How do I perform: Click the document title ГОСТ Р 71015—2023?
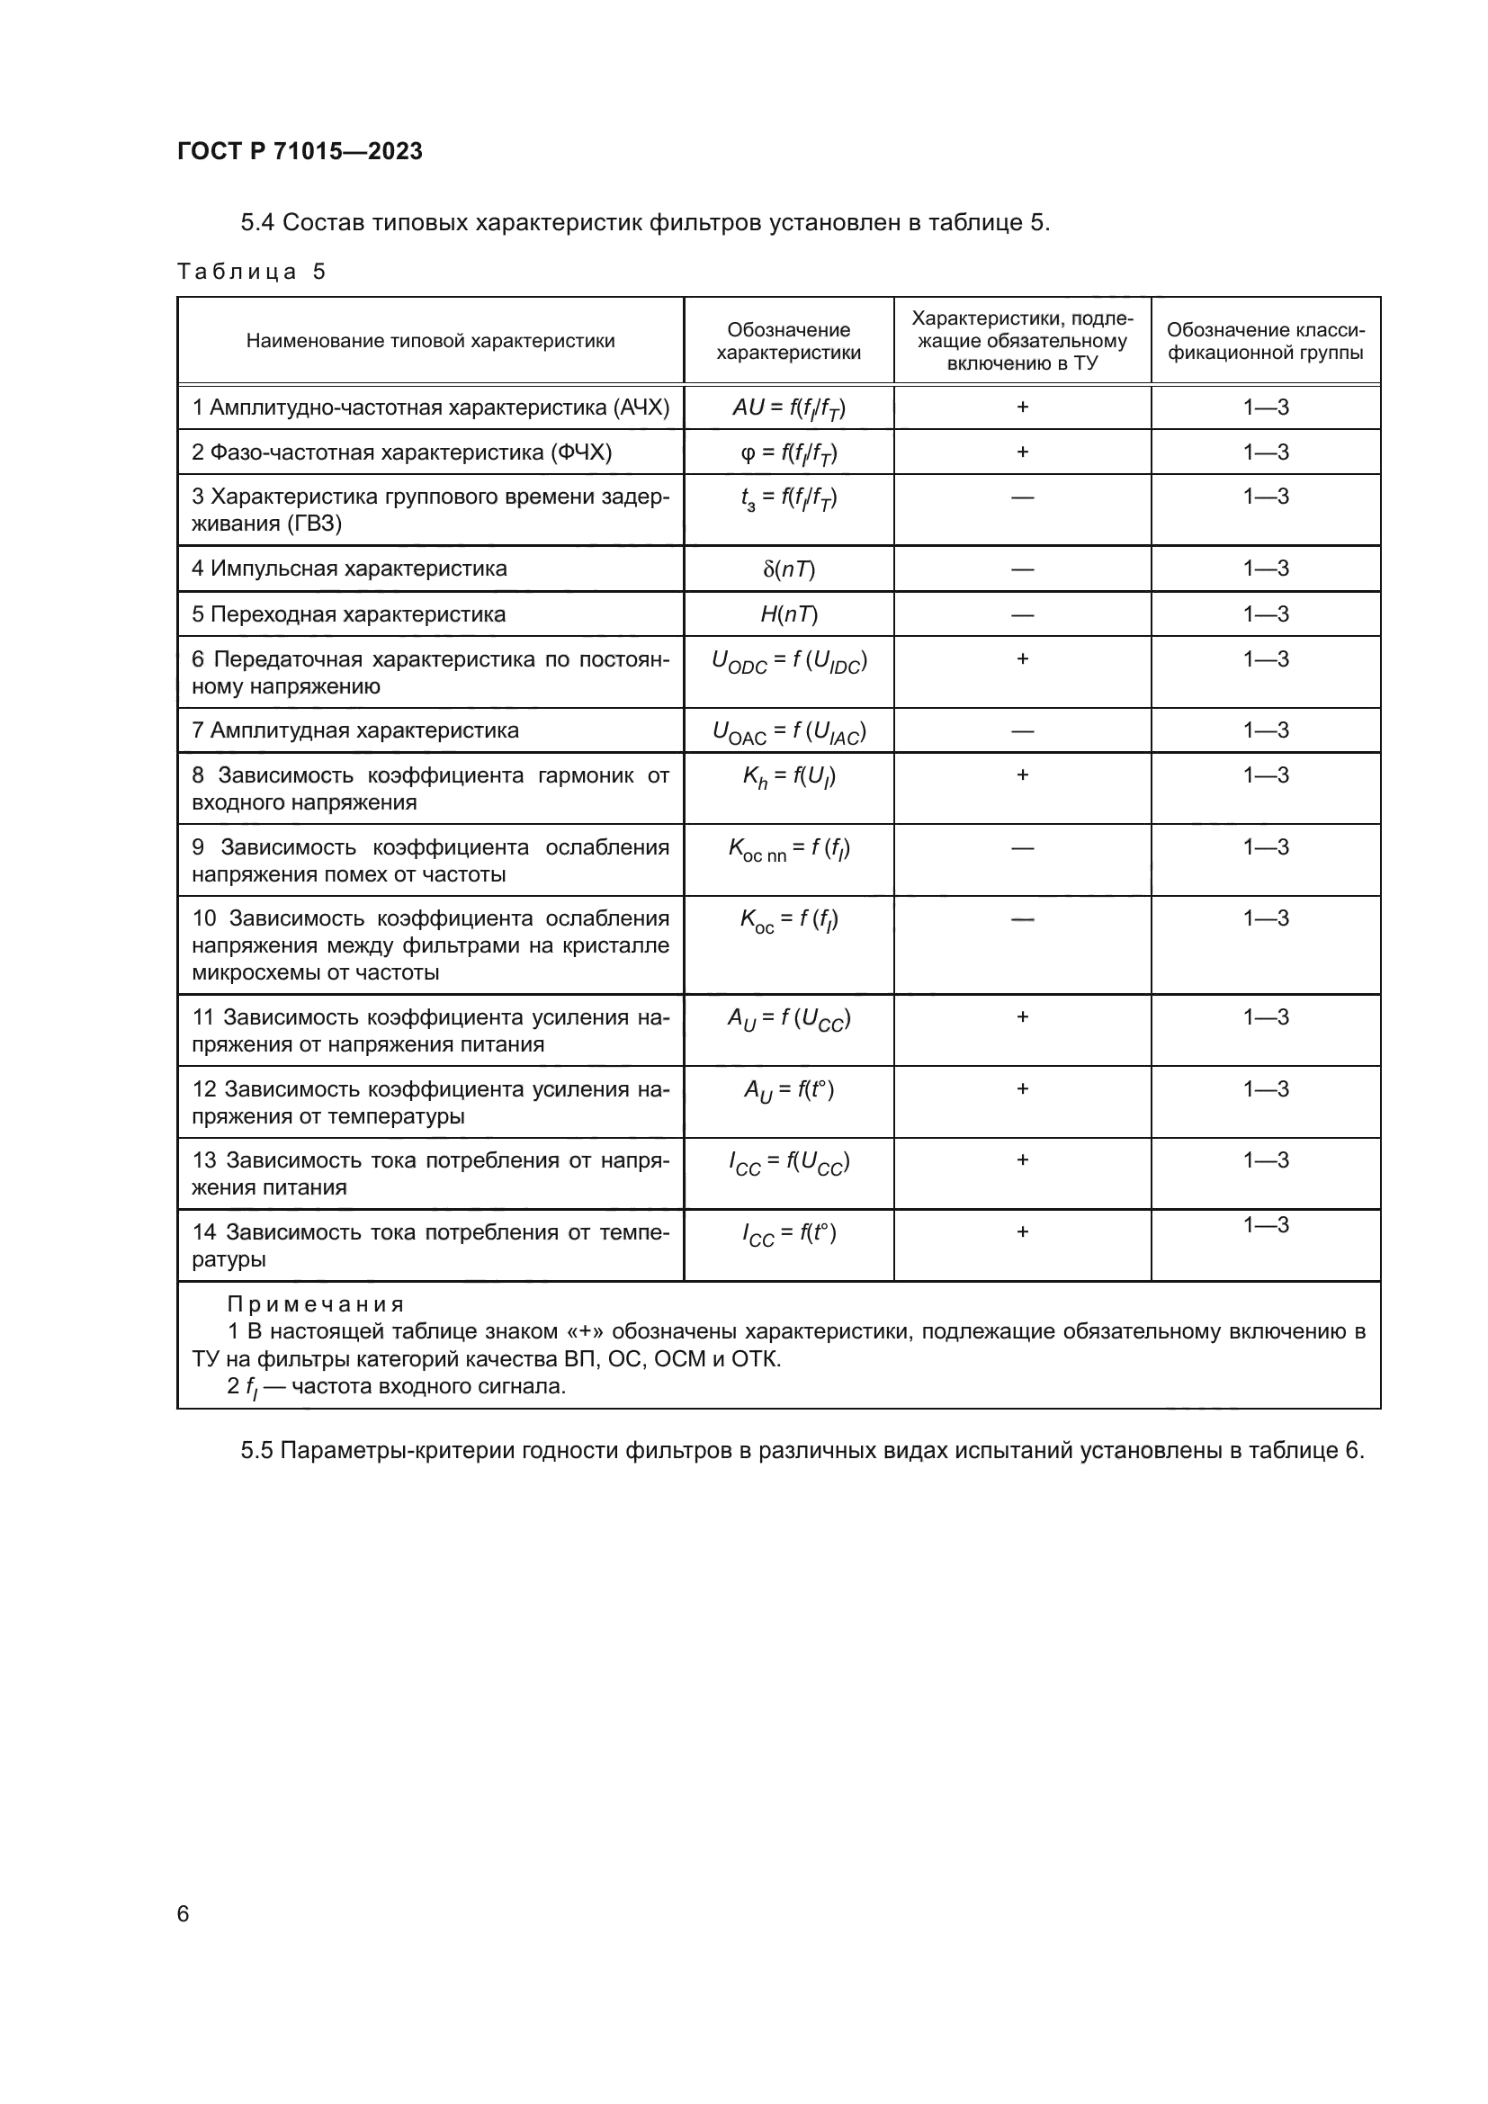point(300,151)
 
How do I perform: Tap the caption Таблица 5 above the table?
point(251,272)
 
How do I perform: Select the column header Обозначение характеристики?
point(788,341)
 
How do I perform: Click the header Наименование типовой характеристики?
point(430,341)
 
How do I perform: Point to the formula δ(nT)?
point(788,569)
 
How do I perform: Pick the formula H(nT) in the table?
point(788,614)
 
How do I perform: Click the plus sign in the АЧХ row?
point(1022,407)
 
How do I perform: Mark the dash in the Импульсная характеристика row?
point(1022,569)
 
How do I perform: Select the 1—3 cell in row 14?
point(1266,1225)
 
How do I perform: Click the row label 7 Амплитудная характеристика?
point(354,730)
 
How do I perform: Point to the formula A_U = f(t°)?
point(788,1091)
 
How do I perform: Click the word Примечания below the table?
point(314,1304)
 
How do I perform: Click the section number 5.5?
point(256,1451)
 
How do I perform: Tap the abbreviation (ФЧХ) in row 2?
point(581,452)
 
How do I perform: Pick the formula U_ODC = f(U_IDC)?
point(788,662)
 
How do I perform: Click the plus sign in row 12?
point(1022,1088)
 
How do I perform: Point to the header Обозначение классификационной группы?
point(1266,341)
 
